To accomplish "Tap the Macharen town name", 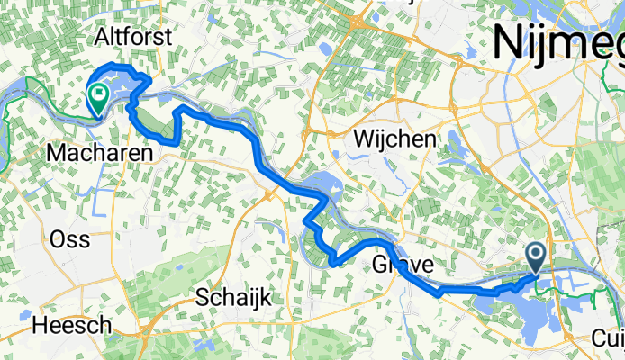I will (99, 154).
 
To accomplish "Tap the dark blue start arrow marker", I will (536, 256).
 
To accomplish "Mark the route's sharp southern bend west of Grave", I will (332, 263).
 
